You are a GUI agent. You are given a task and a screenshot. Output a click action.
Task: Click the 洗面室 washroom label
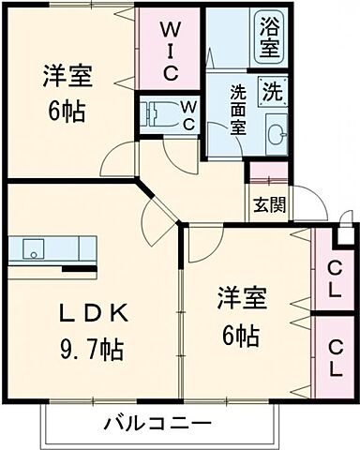click(239, 110)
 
